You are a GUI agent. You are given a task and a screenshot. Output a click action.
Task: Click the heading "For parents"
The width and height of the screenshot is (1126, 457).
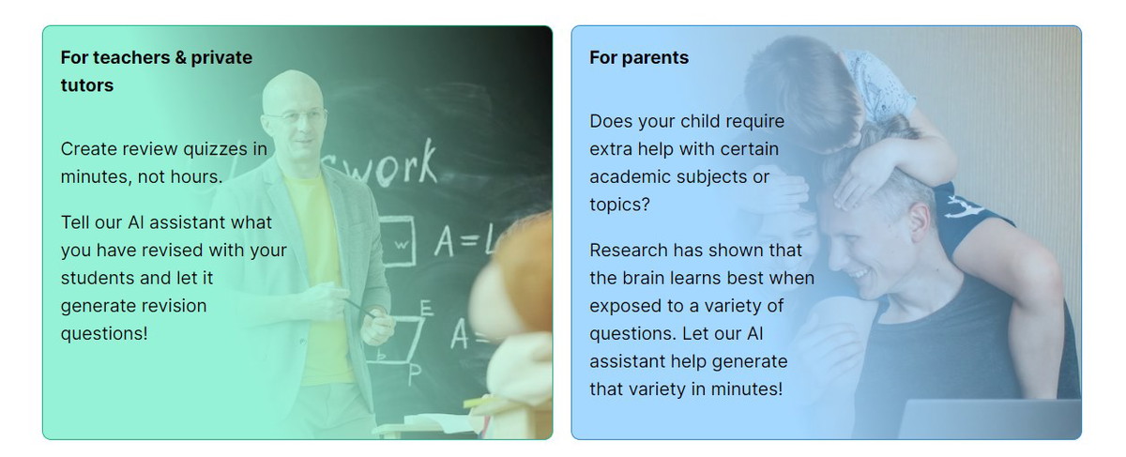(x=639, y=57)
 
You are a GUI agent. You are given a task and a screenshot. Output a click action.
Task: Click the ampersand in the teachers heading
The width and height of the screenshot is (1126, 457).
(x=180, y=57)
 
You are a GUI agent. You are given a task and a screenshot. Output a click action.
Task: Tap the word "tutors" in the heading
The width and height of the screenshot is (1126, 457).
(x=87, y=85)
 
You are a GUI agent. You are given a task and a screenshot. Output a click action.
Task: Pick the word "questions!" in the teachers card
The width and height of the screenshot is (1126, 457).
(x=104, y=334)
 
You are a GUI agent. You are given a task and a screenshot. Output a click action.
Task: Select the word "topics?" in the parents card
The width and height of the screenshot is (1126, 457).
(x=620, y=205)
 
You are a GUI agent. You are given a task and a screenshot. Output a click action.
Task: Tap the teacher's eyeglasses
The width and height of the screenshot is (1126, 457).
(x=297, y=116)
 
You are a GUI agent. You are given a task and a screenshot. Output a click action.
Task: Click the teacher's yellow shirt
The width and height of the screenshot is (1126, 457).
(x=322, y=277)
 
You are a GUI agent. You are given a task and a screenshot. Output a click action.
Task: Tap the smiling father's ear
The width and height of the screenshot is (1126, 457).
(x=920, y=222)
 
